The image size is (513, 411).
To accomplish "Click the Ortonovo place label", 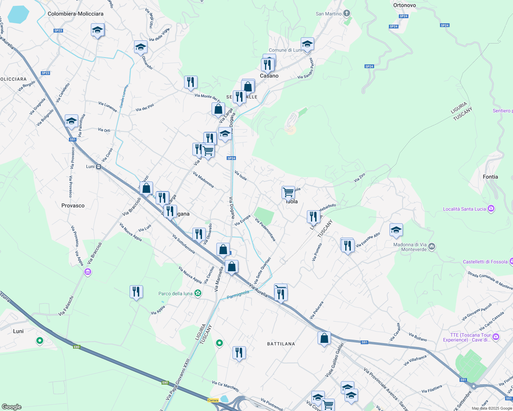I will click(405, 5).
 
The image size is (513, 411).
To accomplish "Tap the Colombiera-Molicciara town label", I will click(75, 14).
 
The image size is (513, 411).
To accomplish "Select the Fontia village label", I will click(490, 177).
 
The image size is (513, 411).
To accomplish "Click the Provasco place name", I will click(73, 206).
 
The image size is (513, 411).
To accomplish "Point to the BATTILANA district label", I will click(281, 344).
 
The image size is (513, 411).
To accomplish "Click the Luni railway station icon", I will click(98, 166).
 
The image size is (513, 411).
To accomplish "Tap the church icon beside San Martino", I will click(347, 13).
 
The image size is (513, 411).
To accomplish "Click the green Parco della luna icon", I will click(198, 293).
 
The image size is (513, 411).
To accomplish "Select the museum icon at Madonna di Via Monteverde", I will click(432, 246).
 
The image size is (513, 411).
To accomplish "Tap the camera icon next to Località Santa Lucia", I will click(491, 209).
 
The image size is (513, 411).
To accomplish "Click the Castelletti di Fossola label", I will click(485, 262).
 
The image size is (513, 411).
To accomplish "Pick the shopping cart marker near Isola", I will click(288, 192).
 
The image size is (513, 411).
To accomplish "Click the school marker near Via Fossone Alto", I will click(396, 230).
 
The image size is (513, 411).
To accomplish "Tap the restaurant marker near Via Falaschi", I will click(136, 292).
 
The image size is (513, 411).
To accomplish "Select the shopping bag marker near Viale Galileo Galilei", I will click(324, 338).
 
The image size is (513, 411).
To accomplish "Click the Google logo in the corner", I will click(11, 407).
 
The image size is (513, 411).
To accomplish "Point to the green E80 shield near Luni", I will click(76, 347).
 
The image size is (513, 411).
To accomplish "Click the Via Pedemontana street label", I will click(265, 229).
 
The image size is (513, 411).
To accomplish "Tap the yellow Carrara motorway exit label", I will click(213, 400).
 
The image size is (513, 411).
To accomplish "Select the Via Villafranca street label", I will click(415, 360).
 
